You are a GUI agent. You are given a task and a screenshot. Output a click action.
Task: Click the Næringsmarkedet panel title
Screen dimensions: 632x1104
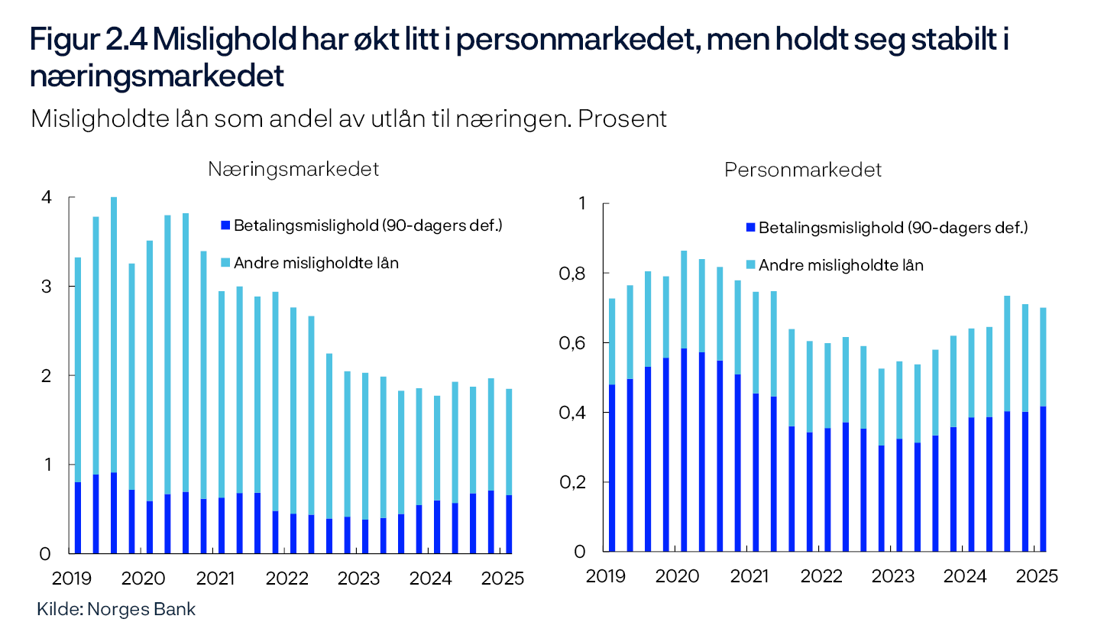293,170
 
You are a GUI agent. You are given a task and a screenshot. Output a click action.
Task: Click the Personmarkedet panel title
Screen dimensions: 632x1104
803,170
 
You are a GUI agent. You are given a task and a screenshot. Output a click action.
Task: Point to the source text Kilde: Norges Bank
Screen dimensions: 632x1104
116,609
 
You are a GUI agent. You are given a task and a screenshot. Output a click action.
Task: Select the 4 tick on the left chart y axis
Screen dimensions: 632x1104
47,198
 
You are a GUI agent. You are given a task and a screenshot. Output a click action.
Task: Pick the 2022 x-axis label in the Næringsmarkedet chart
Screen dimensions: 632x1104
287,578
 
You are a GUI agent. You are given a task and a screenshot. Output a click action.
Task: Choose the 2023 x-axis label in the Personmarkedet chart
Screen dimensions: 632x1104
893,576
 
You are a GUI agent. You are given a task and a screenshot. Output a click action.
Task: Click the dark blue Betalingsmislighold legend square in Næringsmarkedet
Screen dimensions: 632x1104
224,226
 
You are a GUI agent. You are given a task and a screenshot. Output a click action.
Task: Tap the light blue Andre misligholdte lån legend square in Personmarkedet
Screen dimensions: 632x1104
750,265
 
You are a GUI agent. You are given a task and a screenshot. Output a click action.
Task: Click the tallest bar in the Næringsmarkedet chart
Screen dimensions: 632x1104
113,374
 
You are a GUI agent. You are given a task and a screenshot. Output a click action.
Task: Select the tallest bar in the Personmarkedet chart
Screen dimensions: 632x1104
682,401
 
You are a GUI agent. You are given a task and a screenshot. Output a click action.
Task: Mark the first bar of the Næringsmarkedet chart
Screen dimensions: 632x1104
78,405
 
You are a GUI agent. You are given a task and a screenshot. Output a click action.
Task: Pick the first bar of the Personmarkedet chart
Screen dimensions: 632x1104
611,424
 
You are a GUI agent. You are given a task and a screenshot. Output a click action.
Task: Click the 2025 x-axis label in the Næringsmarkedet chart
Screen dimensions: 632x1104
503,578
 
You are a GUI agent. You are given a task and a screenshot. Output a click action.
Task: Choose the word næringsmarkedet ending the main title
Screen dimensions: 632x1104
157,77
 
